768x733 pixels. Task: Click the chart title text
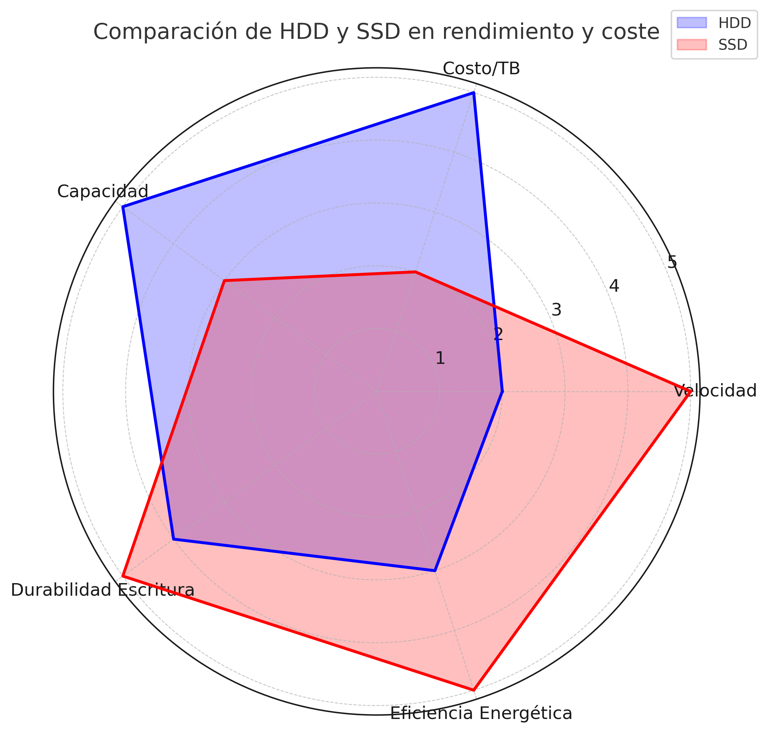tap(376, 32)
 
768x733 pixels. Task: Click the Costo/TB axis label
tap(481, 69)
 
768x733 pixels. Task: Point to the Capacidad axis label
tap(103, 192)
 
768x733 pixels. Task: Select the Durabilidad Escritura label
tap(103, 590)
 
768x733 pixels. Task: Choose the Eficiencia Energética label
tap(481, 713)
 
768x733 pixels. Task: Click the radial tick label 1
tap(440, 358)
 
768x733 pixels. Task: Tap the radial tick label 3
tap(556, 310)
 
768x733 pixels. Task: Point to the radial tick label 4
tap(614, 286)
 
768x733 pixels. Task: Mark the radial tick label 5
tap(672, 262)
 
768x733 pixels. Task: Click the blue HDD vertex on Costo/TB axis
tap(473, 92)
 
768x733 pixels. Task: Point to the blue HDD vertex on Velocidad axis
tap(502, 391)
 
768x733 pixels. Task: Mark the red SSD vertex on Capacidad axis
tap(224, 281)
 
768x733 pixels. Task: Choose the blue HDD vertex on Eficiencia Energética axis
tap(435, 571)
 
